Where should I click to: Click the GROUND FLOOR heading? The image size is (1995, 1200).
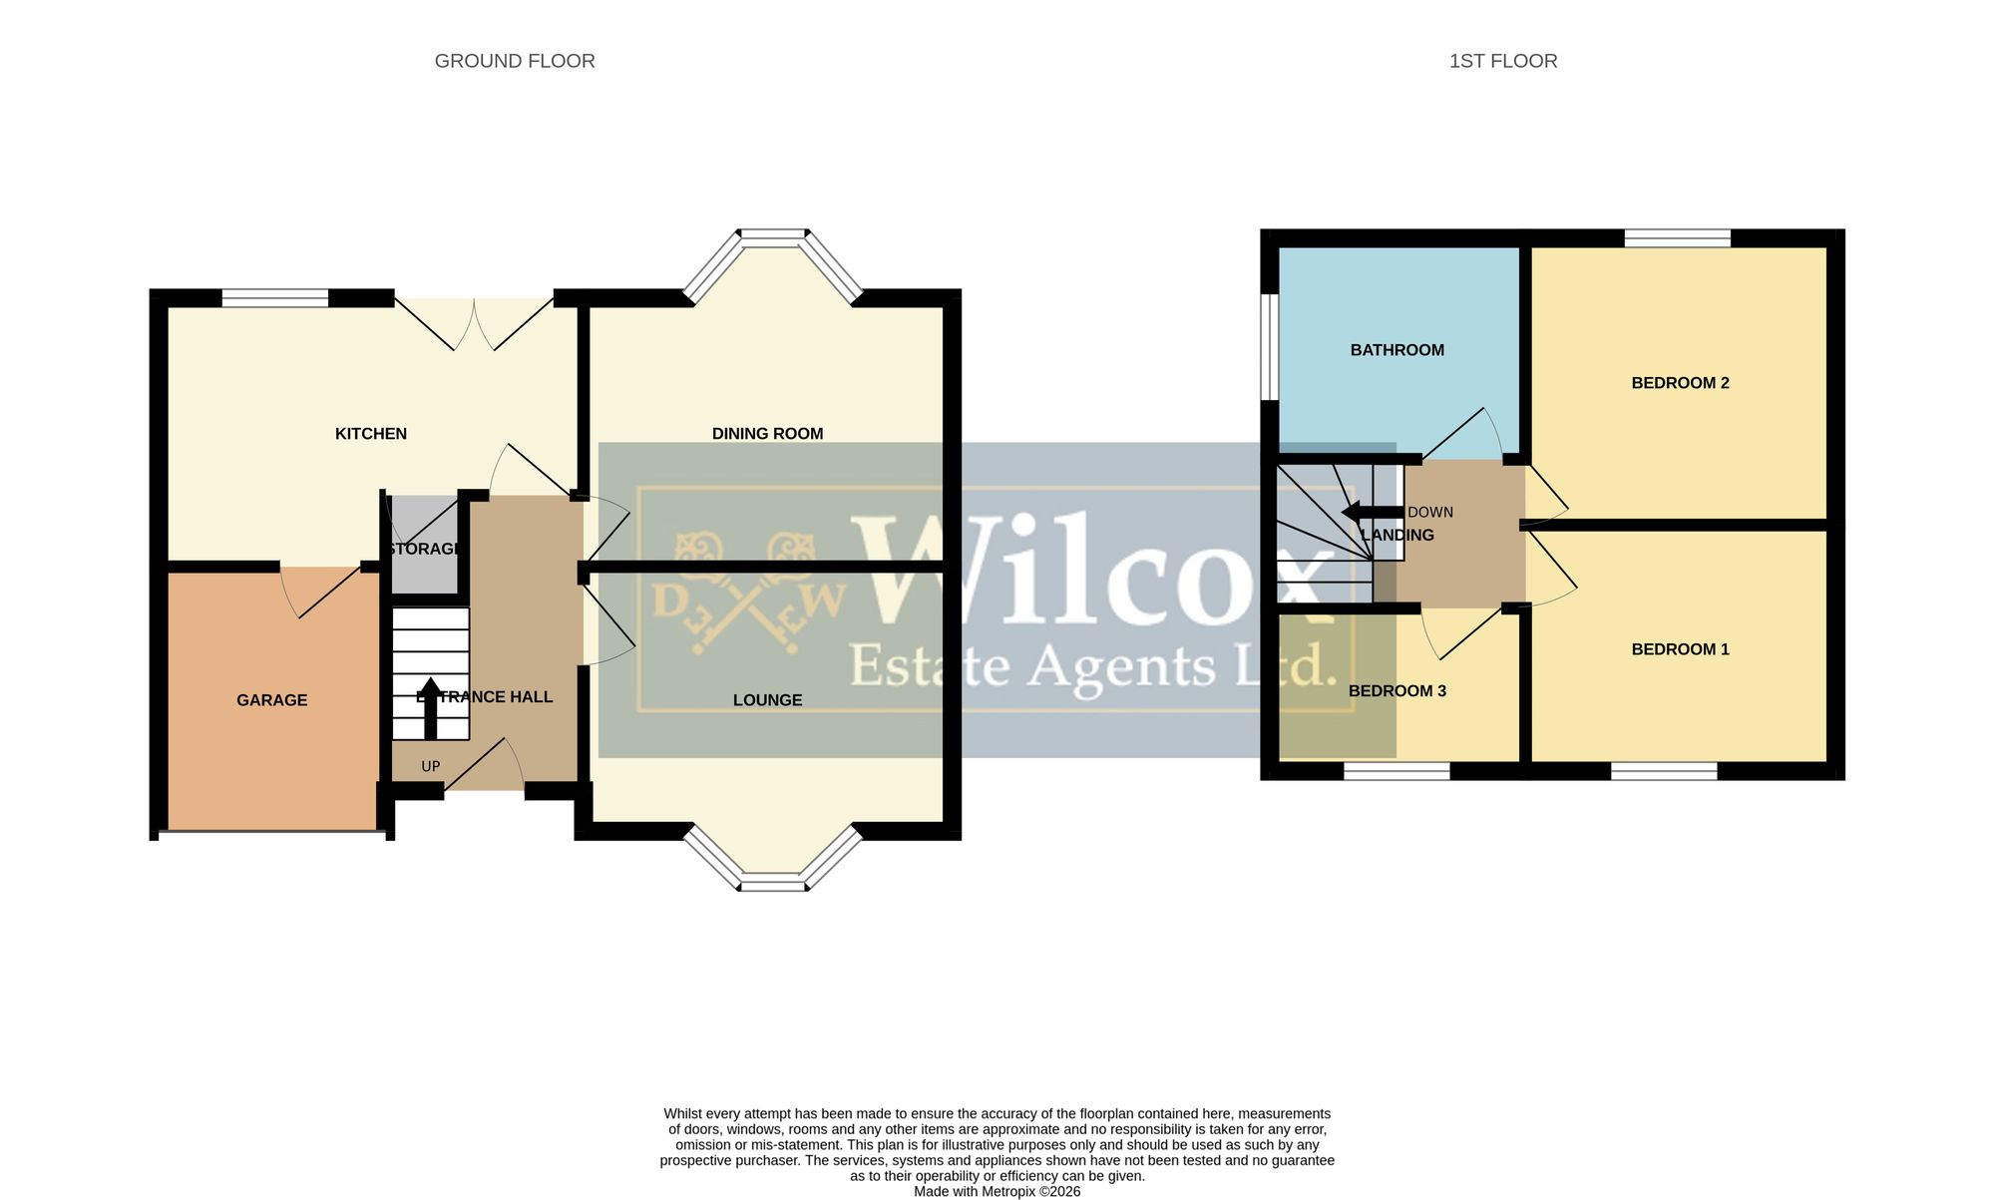tap(515, 61)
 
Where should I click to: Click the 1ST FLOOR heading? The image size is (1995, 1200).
tap(1503, 61)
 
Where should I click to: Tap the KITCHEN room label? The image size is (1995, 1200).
tap(371, 434)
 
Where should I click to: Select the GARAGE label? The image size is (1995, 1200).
tap(272, 700)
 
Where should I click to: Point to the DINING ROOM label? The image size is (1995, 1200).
tap(767, 434)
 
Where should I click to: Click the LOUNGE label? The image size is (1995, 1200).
tap(767, 700)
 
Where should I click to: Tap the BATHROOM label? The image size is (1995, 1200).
tap(1396, 350)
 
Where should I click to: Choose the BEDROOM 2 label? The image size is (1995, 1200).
tap(1680, 383)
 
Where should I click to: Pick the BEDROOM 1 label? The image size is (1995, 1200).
tap(1680, 649)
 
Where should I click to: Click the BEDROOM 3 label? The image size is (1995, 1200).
tap(1396, 691)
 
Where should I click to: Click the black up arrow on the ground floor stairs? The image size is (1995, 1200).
tap(430, 709)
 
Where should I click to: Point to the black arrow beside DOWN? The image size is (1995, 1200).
tap(1373, 512)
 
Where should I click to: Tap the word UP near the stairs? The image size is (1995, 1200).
tap(431, 767)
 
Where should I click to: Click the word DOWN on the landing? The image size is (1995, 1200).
tap(1430, 513)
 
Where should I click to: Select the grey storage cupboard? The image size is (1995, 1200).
tap(423, 545)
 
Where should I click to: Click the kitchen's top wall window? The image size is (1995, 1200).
tap(275, 297)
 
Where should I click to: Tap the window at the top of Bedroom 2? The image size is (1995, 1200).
tap(1678, 238)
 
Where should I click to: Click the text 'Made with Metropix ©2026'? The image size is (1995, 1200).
tap(997, 1191)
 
